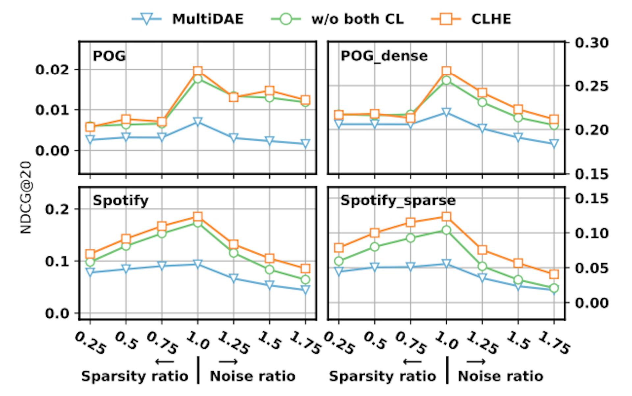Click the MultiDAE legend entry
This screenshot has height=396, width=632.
(207, 19)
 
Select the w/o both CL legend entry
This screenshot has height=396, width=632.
(357, 19)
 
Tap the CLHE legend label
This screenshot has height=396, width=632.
(491, 19)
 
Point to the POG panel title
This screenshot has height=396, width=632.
(109, 56)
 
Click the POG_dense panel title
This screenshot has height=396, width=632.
(384, 56)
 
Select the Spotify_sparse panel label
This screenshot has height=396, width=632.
(398, 200)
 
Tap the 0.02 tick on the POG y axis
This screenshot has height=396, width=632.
(53, 70)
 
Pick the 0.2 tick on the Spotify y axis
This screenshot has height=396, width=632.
(57, 209)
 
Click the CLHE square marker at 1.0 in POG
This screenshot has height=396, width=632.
(197, 71)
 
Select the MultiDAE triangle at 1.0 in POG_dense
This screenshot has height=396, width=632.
(446, 112)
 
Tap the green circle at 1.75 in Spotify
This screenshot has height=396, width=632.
(305, 280)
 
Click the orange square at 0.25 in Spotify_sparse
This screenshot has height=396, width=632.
(339, 248)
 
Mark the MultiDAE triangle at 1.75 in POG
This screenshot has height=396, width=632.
(305, 143)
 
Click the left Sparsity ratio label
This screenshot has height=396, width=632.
(135, 376)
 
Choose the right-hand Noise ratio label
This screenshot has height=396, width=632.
(500, 376)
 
